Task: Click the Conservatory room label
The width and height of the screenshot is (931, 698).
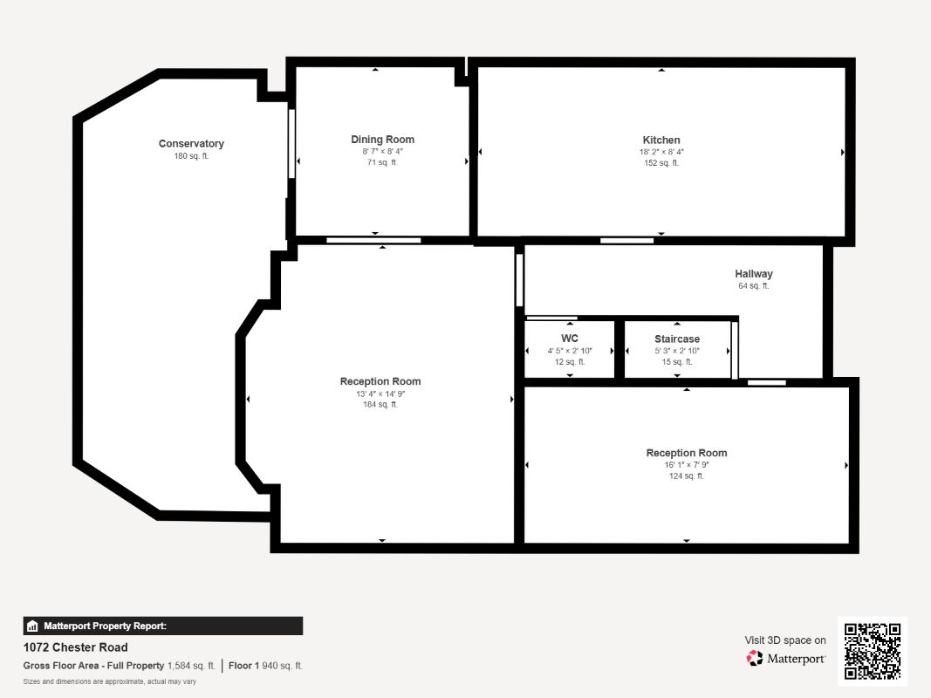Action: [191, 144]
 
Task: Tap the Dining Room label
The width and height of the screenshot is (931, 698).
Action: [382, 140]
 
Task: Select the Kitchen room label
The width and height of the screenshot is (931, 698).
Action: [661, 140]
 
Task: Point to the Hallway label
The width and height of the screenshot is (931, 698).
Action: [754, 274]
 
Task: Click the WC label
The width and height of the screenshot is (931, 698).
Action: [570, 339]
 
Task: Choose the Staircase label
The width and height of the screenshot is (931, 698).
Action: [677, 339]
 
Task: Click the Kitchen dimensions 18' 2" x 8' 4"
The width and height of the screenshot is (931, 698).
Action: [661, 152]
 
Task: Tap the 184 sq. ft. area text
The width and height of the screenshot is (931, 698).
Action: [380, 405]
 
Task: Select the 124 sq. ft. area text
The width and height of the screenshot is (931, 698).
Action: [687, 476]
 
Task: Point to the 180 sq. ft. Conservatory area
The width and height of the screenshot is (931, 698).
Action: [191, 156]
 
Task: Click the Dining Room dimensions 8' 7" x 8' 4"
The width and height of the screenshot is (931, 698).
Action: [382, 151]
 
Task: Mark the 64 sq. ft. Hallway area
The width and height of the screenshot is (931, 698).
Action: [754, 286]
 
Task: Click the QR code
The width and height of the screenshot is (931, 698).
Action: [873, 651]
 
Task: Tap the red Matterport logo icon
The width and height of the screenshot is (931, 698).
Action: [755, 658]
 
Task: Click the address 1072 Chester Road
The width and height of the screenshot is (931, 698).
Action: [75, 647]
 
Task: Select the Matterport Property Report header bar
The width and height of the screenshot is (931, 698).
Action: [162, 626]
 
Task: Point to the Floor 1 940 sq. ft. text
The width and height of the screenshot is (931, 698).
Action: [265, 666]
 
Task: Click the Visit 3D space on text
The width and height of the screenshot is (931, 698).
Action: [785, 640]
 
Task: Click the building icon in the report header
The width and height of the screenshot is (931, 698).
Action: [32, 626]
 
